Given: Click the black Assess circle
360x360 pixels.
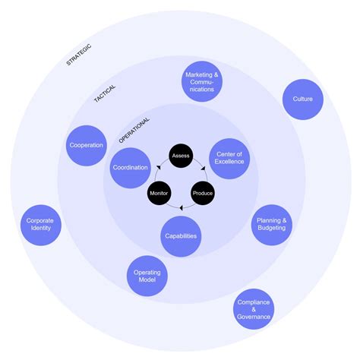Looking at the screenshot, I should pos(181,156).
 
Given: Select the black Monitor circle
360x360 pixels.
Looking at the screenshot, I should pos(159,193).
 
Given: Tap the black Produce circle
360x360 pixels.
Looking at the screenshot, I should pos(203,193).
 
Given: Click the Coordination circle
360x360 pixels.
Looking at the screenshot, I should pos(130,168).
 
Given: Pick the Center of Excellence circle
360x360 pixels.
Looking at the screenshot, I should pos(229,157).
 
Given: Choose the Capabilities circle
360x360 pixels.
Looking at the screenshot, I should pos(181,235).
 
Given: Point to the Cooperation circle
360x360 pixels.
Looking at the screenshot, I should pos(86,145).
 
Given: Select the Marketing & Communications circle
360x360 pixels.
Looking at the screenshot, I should pos(202,81).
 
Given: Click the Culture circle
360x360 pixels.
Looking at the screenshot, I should pos(302,99).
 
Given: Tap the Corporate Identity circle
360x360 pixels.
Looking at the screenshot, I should pos(40,224).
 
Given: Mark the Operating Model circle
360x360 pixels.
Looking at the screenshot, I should pos(147,276).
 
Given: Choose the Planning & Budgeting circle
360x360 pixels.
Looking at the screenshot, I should pos(272,225).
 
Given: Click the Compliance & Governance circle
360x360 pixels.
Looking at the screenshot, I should pos(253,308).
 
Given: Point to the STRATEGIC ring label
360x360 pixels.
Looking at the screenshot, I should pos(78,55).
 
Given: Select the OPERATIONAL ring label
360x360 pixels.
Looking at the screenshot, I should pos(134,128).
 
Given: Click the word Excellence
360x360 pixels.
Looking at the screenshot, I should pos(229,162).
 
